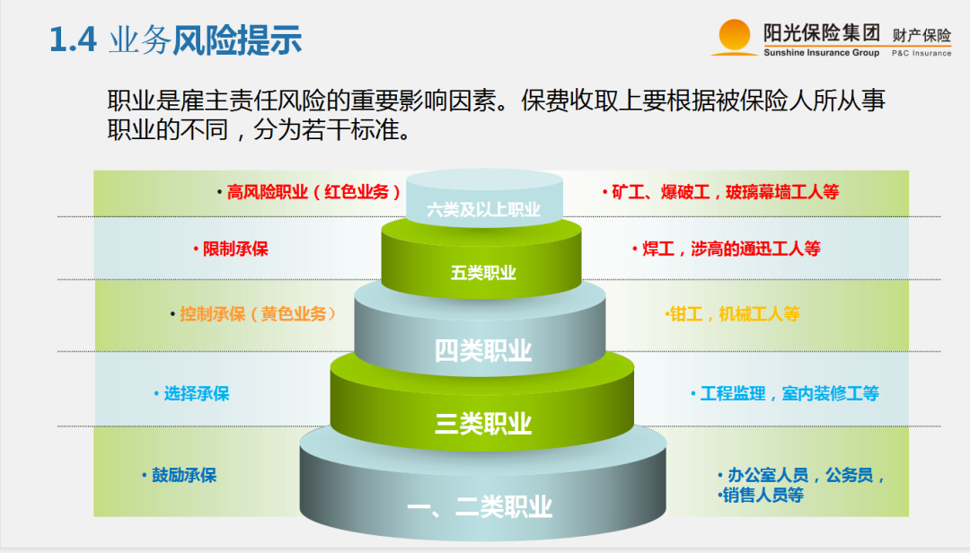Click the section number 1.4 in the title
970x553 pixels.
(x=73, y=41)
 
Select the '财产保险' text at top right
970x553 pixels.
(x=921, y=35)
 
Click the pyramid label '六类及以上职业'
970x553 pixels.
(x=484, y=210)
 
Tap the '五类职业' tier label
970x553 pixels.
(x=483, y=272)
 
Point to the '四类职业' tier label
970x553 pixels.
(x=483, y=350)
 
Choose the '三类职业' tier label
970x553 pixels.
(x=483, y=423)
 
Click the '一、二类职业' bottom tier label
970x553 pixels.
(x=480, y=507)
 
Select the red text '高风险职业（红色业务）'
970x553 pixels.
(x=314, y=191)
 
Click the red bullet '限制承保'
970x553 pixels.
(x=235, y=249)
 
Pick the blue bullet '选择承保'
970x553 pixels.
(x=197, y=393)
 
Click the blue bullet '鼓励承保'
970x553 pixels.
(x=184, y=475)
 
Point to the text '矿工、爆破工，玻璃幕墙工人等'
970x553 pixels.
(x=725, y=191)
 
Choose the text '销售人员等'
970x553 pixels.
(x=763, y=495)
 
